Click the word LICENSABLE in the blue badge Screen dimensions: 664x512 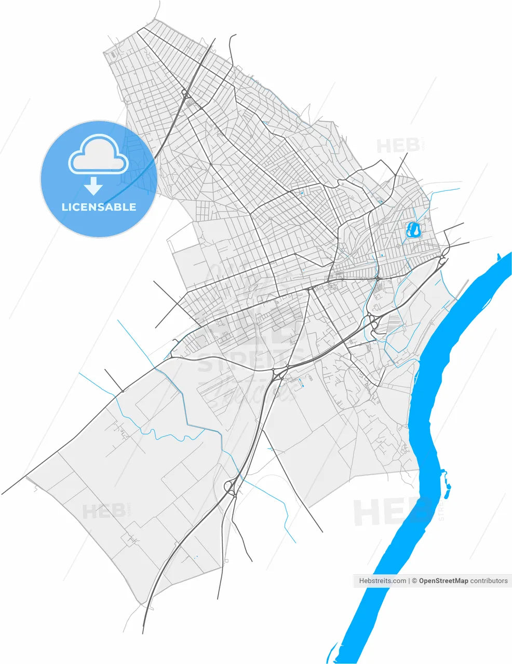(99, 207)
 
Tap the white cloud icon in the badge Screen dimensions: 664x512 (98, 154)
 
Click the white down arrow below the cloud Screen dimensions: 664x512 (93, 185)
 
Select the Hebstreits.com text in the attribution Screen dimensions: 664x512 (383, 581)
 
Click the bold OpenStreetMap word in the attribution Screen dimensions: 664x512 (443, 581)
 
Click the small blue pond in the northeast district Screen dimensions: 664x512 (414, 229)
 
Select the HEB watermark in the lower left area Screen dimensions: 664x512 (104, 511)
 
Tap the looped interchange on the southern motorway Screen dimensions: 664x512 (230, 488)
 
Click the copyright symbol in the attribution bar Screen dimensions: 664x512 (414, 581)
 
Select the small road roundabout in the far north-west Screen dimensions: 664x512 (184, 93)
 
